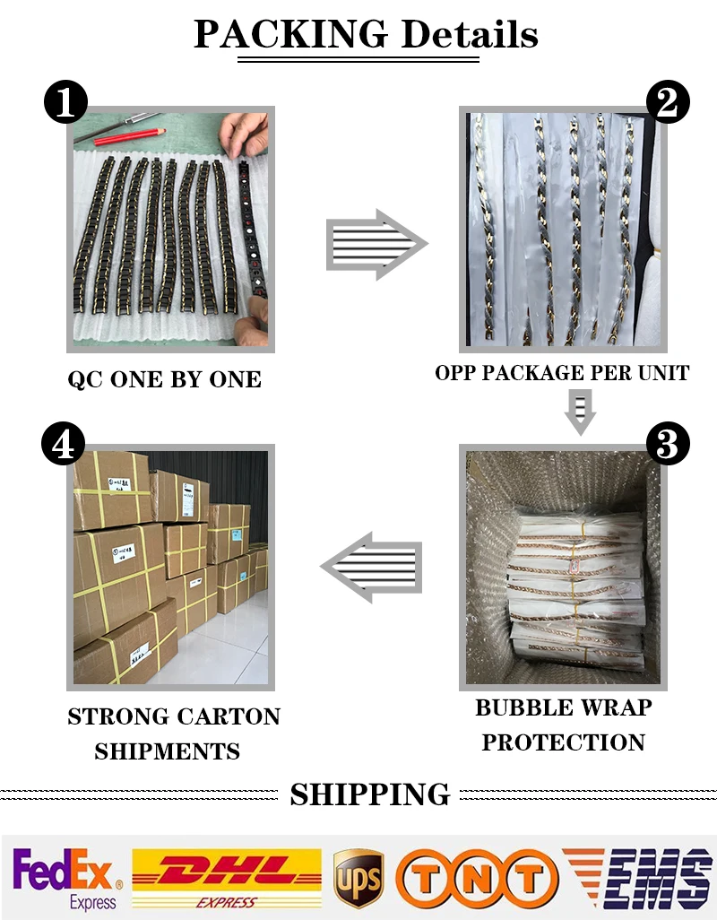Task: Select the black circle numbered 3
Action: click(667, 444)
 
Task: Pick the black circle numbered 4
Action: click(65, 444)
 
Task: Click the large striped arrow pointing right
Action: click(376, 243)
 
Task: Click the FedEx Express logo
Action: click(67, 878)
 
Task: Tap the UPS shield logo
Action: click(358, 879)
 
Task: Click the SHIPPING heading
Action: click(369, 794)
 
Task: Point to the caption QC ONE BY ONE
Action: click(165, 379)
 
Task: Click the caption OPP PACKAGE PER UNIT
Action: click(562, 372)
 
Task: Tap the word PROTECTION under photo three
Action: click(563, 742)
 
